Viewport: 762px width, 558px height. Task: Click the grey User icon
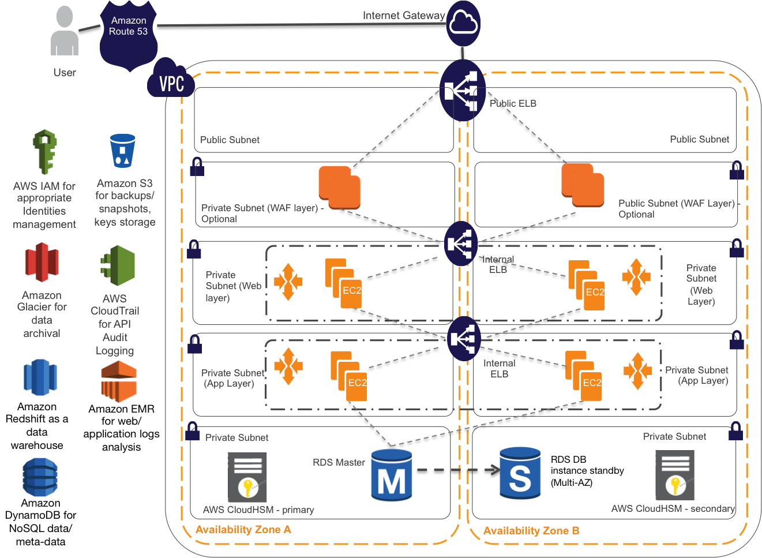coord(64,31)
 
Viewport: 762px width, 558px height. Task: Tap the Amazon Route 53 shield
coord(129,35)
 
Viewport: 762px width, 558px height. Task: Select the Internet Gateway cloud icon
coord(463,23)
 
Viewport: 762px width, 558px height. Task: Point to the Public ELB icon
coord(463,91)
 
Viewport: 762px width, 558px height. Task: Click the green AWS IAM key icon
coord(45,152)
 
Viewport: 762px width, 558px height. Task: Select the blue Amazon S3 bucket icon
coord(122,151)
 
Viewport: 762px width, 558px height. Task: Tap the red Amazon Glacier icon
coord(42,262)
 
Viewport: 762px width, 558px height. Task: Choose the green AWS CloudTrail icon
coord(118,265)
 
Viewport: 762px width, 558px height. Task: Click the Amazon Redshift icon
coord(40,377)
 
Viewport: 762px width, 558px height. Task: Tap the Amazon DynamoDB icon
coord(40,477)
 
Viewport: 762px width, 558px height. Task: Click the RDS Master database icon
coord(392,475)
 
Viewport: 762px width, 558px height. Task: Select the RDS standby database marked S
coord(520,473)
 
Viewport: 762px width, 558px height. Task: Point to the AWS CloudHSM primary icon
coord(247,477)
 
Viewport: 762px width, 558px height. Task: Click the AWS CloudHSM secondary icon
coord(675,475)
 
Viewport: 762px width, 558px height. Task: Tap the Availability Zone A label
coord(243,530)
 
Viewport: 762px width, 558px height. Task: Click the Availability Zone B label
coord(531,531)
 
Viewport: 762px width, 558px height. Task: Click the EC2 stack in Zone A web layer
coord(344,283)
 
